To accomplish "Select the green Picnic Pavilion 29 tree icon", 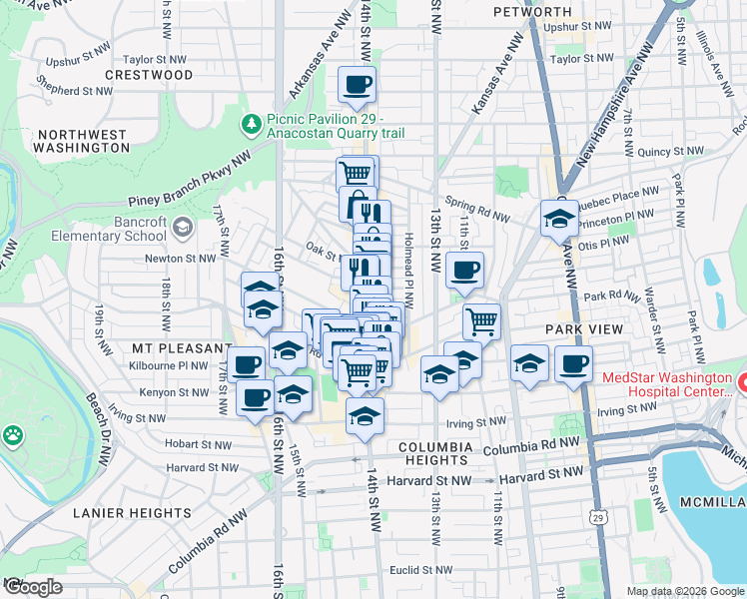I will [x=252, y=125].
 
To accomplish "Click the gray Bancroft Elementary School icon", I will [x=182, y=229].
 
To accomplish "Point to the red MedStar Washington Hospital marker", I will [x=740, y=380].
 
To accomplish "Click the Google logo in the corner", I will [x=32, y=587].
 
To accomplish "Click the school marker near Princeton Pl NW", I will [x=559, y=218].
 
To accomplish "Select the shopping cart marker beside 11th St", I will [x=481, y=321].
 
